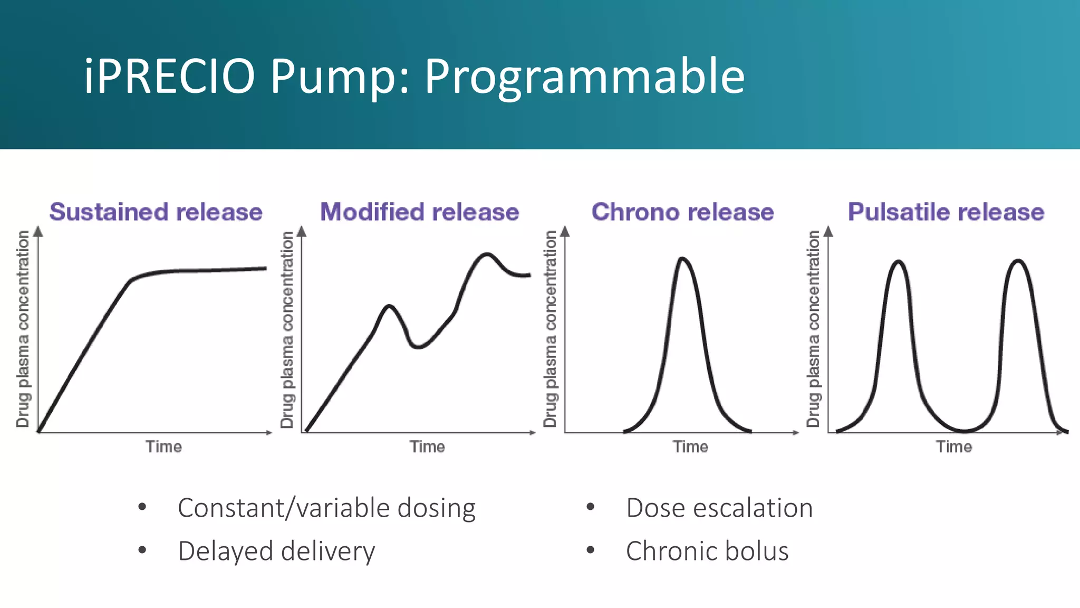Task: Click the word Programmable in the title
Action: tap(584, 78)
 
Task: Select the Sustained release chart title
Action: tap(156, 212)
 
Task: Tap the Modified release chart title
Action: tap(420, 212)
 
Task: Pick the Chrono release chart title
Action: tap(683, 212)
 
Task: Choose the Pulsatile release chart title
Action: tap(946, 212)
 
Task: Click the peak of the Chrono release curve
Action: tap(683, 259)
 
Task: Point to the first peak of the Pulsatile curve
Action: tap(899, 262)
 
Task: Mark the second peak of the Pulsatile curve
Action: tap(1018, 261)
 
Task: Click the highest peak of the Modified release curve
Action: tap(486, 255)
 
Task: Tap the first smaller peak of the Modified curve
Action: tap(389, 306)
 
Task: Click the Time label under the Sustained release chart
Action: tap(164, 447)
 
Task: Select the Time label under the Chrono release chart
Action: tap(690, 447)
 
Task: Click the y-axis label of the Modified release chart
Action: tap(287, 330)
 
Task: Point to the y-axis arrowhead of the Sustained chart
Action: tap(38, 231)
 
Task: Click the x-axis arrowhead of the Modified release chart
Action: tap(533, 433)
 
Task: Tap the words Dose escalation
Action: tap(719, 508)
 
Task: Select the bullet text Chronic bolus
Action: tap(707, 551)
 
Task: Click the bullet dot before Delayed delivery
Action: tap(142, 550)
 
